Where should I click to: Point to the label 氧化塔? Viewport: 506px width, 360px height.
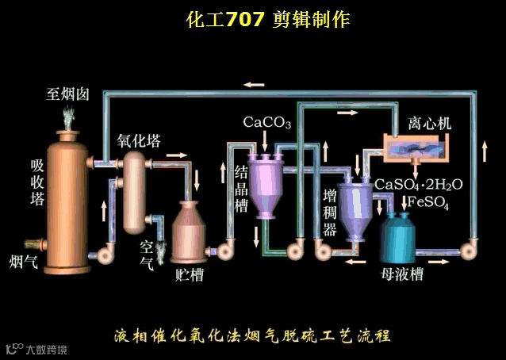pos(139,141)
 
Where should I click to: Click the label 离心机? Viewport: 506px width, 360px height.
pos(429,124)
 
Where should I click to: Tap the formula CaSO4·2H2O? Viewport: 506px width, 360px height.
pos(418,184)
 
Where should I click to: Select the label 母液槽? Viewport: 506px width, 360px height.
pos(402,274)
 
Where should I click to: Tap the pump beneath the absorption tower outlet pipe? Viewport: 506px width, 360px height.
pos(102,252)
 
